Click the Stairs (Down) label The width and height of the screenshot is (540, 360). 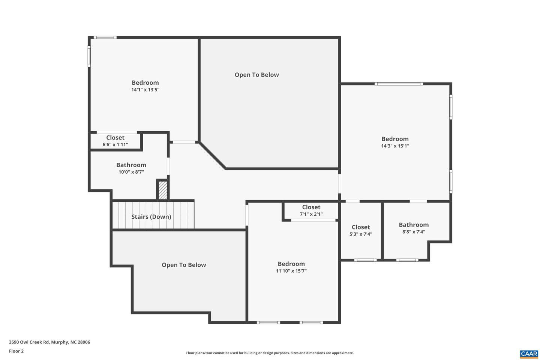151,217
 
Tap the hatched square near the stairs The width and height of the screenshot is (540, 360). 163,190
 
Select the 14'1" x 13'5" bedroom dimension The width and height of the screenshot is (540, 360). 145,90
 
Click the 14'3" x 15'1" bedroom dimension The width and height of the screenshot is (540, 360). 395,146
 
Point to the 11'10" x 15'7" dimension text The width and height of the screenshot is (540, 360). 291,271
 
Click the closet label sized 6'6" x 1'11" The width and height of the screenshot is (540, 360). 115,138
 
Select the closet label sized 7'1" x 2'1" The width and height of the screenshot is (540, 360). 311,207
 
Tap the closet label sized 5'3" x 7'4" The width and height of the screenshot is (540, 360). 361,227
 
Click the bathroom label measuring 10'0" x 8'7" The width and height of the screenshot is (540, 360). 131,165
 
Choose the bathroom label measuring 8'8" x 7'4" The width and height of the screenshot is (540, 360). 414,225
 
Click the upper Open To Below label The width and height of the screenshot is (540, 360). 257,75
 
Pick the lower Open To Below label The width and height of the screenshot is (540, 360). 184,265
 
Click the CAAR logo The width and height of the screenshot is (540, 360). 529,354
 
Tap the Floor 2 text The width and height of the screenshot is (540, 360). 16,351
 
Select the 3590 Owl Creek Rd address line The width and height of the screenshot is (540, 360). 49,342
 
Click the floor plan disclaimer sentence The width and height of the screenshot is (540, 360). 270,353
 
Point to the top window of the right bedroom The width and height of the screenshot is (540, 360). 399,84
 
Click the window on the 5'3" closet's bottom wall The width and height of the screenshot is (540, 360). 365,260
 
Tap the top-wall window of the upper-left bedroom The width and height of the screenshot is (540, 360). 105,37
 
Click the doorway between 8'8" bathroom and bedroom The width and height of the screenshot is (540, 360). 418,201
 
